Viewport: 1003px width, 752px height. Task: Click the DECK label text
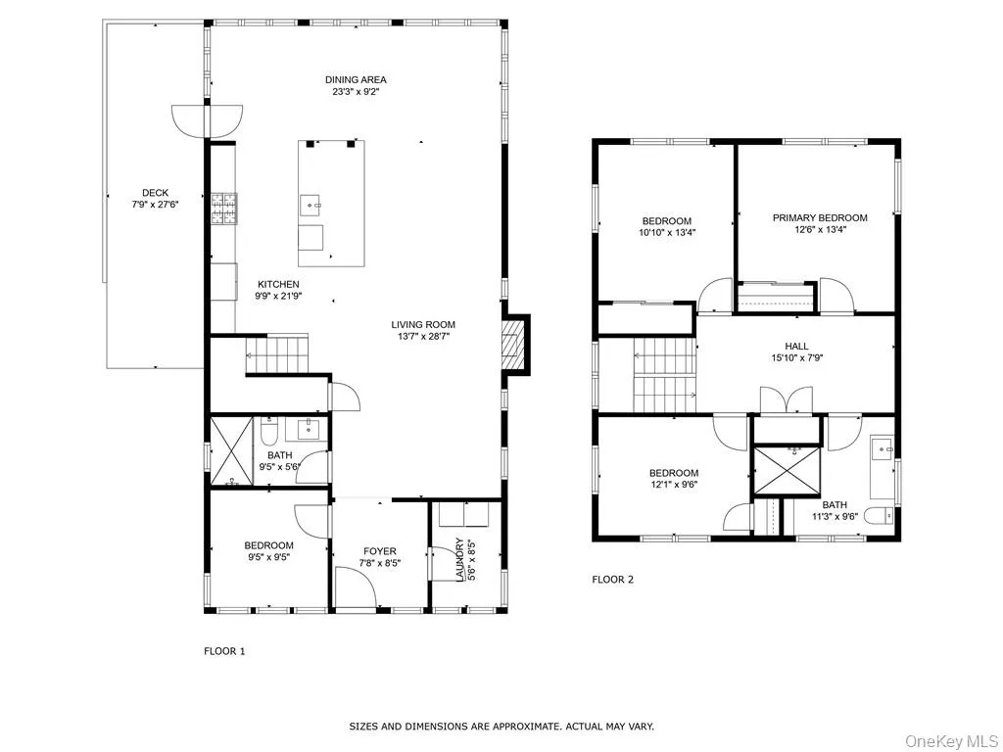tap(155, 193)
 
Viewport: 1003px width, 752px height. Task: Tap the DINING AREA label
tap(356, 80)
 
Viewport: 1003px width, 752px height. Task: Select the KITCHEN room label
tap(278, 284)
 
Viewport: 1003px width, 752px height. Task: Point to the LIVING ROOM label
tap(423, 325)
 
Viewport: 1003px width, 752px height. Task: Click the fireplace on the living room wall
tap(513, 344)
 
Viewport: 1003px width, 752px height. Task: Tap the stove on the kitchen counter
tap(223, 208)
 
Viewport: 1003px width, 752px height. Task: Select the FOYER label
tap(380, 551)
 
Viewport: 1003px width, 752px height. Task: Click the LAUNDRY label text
tap(458, 559)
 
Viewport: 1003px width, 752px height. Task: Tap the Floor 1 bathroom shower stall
tap(232, 450)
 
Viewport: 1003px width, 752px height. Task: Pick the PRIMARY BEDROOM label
tap(819, 218)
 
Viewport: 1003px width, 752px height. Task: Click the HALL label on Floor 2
tap(796, 346)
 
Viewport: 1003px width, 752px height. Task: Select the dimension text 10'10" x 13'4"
tap(667, 233)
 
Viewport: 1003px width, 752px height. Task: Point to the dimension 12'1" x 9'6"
tap(674, 484)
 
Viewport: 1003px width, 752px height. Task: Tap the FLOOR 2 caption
tap(612, 580)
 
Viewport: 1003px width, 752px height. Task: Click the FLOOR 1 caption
tap(224, 651)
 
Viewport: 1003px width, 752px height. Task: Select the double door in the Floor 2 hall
tap(787, 401)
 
